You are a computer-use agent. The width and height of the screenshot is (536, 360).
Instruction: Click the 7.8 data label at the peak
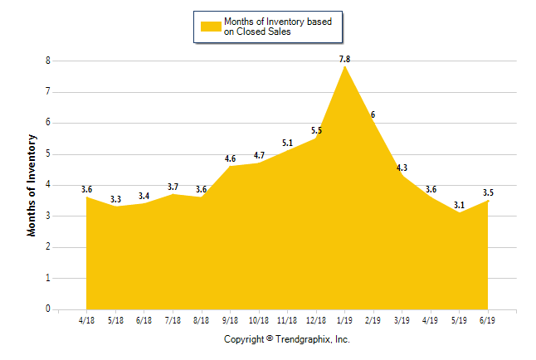344,59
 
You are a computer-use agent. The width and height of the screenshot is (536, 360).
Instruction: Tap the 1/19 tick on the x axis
344,319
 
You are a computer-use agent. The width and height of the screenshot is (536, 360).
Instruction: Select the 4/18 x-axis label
86,319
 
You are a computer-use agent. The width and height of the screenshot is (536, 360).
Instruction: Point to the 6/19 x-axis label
488,319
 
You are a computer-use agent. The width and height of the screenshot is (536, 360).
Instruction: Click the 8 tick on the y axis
48,61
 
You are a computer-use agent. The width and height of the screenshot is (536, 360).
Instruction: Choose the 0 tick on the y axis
48,309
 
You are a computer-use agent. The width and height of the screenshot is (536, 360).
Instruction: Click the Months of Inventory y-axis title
32,185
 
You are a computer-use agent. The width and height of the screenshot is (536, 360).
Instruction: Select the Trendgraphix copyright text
287,339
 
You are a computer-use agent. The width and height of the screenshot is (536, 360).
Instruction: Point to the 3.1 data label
459,204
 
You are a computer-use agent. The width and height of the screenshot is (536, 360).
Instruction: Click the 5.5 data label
316,130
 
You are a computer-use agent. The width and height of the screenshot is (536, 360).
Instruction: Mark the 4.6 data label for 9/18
230,158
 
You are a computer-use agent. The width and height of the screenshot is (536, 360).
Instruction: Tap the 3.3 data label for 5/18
115,199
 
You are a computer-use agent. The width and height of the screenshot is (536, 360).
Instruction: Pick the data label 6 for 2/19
373,114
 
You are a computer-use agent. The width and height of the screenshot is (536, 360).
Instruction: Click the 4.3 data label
402,168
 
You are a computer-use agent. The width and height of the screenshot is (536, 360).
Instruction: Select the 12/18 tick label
316,319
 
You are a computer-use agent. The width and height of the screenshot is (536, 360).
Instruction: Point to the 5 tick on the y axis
48,154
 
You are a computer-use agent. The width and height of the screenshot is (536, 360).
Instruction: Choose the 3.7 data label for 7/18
173,187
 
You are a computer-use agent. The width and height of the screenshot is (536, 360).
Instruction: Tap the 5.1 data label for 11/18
287,143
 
